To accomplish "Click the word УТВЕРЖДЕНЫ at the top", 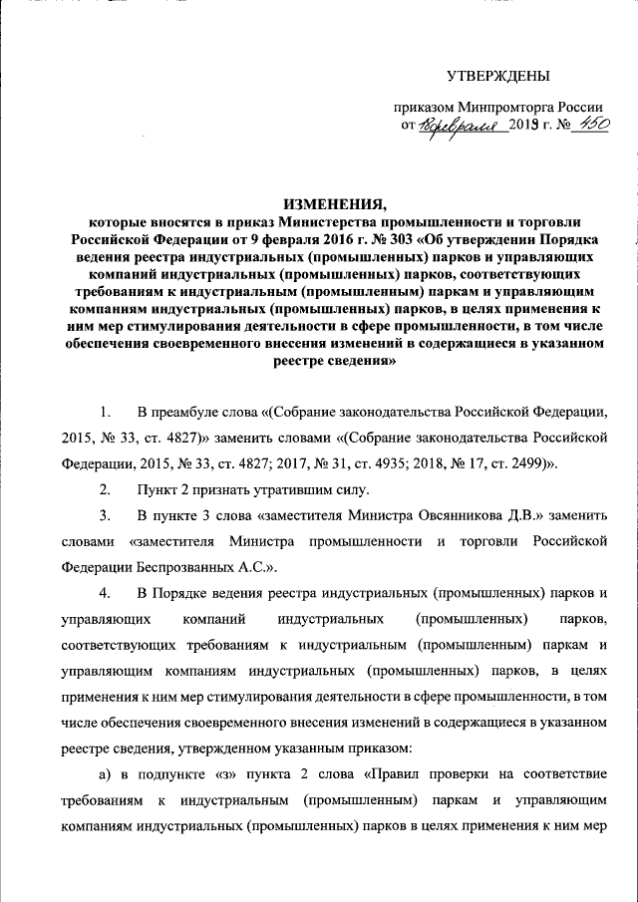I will [497, 76].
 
